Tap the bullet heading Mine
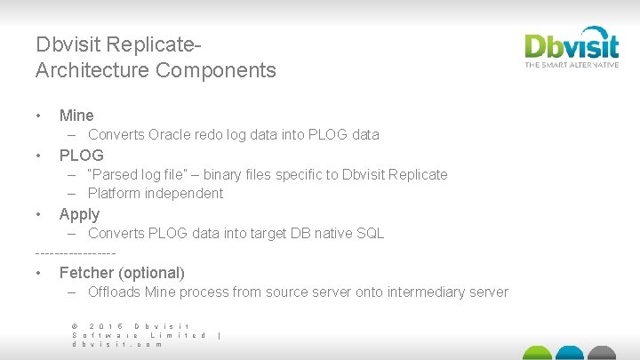click(x=76, y=115)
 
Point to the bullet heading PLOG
click(x=82, y=155)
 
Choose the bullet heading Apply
click(x=79, y=213)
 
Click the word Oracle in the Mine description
click(x=171, y=135)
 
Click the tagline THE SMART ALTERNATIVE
click(x=571, y=65)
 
